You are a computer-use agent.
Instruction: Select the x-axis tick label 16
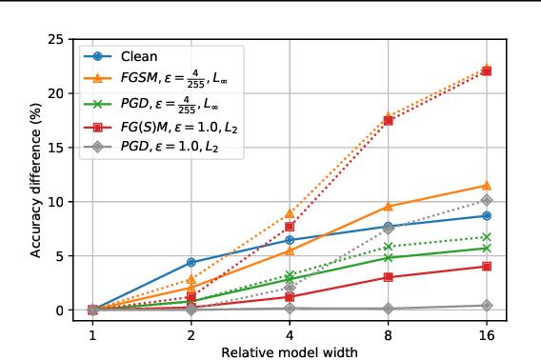pyautogui.click(x=487, y=336)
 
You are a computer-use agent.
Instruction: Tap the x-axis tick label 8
pyautogui.click(x=388, y=336)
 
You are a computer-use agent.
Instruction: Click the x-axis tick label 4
pyautogui.click(x=290, y=336)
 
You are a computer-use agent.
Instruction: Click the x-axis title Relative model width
pyautogui.click(x=290, y=352)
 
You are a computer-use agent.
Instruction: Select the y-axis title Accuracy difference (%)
pyautogui.click(x=36, y=174)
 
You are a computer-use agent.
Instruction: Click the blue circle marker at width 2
pyautogui.click(x=191, y=262)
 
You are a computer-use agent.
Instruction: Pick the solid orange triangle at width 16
pyautogui.click(x=487, y=186)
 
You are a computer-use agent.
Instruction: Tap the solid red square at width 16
pyautogui.click(x=487, y=267)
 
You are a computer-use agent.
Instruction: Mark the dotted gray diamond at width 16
pyautogui.click(x=487, y=200)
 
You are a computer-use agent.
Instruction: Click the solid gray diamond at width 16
pyautogui.click(x=487, y=306)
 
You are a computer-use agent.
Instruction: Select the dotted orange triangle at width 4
pyautogui.click(x=290, y=213)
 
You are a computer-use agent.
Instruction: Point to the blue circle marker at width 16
pyautogui.click(x=487, y=216)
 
